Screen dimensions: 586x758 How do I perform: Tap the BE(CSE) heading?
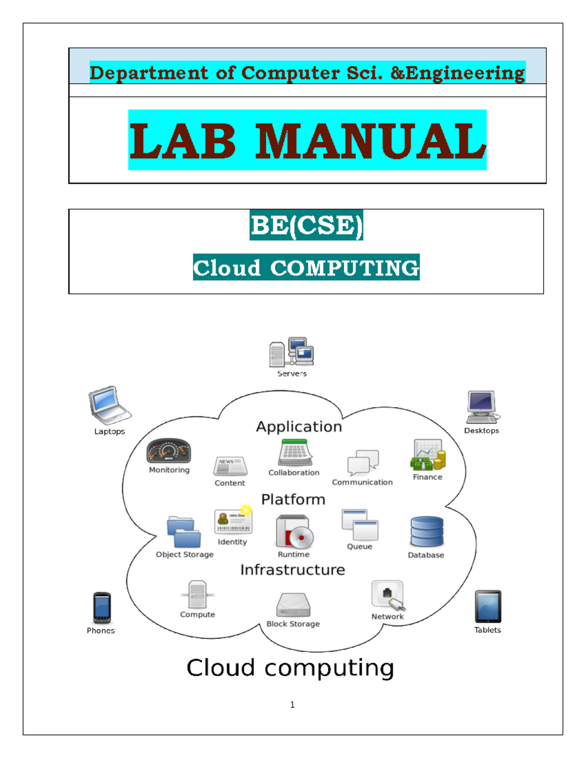coord(307,225)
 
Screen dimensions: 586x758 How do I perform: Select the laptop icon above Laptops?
coord(109,405)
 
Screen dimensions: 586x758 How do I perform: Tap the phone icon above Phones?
coord(102,608)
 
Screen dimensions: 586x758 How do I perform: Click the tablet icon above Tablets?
coord(487,606)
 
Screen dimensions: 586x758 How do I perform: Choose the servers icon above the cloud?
coord(292,351)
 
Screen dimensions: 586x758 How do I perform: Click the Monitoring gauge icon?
coord(168,451)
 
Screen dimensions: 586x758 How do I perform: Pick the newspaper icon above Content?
coord(230,466)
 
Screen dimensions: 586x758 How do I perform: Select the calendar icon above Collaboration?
coord(295,452)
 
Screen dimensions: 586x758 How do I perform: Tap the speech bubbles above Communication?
coord(363,463)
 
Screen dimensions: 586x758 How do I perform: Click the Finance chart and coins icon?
coord(428,454)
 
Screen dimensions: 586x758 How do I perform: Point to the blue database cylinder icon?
coord(427,531)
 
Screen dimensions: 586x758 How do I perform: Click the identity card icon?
coord(233,519)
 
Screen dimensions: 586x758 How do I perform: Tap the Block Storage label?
coord(293,624)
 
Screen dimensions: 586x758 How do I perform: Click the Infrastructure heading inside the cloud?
coord(293,570)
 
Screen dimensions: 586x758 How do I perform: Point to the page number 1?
coord(293,705)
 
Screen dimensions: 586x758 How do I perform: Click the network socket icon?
coord(388,595)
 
